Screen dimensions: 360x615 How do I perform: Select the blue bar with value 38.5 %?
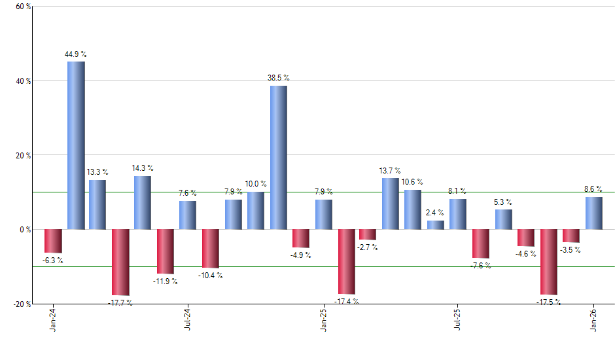278,157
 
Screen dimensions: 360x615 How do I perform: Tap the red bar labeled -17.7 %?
121,262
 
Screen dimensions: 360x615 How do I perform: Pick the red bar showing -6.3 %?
54,241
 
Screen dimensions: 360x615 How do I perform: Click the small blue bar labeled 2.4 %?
435,225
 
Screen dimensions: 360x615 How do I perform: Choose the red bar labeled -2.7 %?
368,234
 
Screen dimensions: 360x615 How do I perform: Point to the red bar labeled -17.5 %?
548,262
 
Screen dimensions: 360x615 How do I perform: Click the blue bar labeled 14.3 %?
143,202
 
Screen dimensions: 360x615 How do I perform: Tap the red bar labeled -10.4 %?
211,249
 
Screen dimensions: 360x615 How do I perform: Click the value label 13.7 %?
390,171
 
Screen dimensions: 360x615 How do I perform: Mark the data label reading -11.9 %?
166,281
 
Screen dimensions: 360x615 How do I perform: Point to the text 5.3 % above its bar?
503,202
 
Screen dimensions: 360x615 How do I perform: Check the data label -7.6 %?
480,265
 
